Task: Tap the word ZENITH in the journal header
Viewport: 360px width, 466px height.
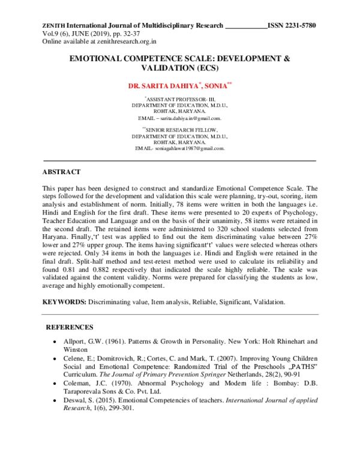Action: click(53, 26)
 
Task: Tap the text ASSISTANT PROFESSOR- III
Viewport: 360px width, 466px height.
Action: click(180, 98)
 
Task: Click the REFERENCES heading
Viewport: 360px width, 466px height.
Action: click(70, 327)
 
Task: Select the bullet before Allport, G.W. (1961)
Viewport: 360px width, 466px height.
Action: click(55, 342)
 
